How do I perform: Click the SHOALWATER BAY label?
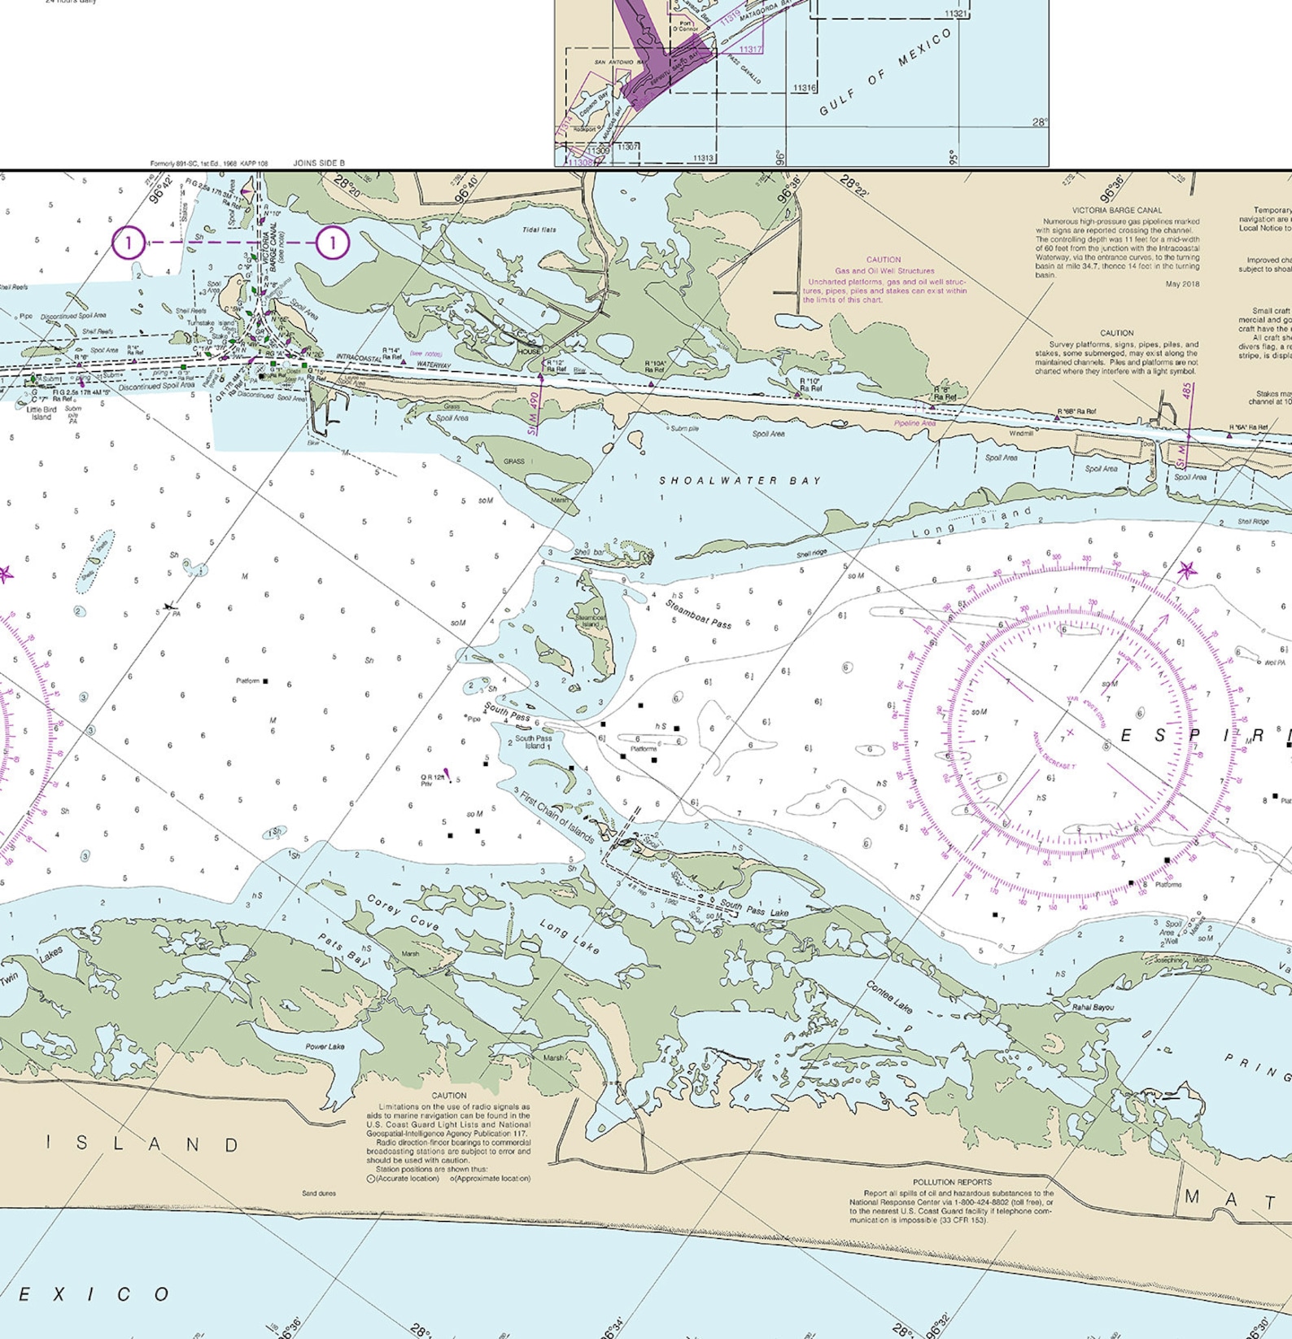(x=740, y=481)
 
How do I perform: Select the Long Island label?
(x=971, y=523)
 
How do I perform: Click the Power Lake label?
(x=325, y=1047)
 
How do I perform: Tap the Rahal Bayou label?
(x=1093, y=1007)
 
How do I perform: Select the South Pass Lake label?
(x=754, y=908)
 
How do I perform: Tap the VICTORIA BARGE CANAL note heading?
(x=1116, y=210)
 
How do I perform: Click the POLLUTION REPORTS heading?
(x=951, y=1182)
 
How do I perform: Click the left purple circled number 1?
(x=128, y=243)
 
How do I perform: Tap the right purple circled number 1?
(x=332, y=243)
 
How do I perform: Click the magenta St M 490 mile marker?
(x=534, y=412)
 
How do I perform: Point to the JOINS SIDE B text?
(x=319, y=164)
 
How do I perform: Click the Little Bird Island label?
(x=41, y=414)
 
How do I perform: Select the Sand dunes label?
(x=318, y=1193)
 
